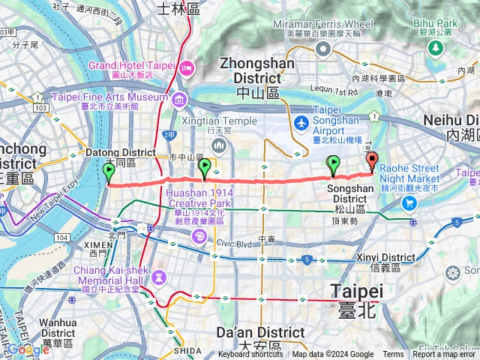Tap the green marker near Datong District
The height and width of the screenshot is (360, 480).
pos(109,172)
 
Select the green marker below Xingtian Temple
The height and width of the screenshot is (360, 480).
pos(205,169)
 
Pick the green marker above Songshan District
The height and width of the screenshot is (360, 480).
pos(333,165)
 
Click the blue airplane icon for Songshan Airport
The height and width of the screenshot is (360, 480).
pos(301,122)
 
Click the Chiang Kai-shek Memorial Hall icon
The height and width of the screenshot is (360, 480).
pos(158,277)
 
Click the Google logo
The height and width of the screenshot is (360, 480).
pos(28,349)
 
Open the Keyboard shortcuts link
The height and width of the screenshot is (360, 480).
pos(251,355)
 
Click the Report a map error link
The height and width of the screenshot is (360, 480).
pos(445,355)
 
